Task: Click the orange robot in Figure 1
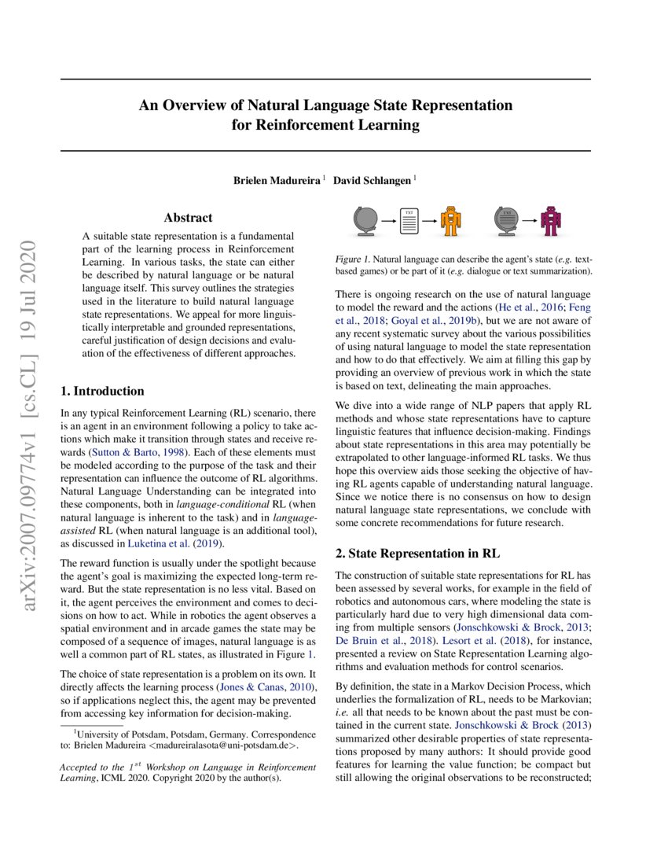point(450,222)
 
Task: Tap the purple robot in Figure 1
point(553,222)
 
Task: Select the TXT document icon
point(409,222)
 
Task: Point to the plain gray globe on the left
point(366,222)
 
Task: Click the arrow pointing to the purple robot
point(530,223)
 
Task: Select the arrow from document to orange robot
point(430,223)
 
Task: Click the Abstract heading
point(188,218)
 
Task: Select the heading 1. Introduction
point(102,391)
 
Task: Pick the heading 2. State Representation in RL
point(412,554)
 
